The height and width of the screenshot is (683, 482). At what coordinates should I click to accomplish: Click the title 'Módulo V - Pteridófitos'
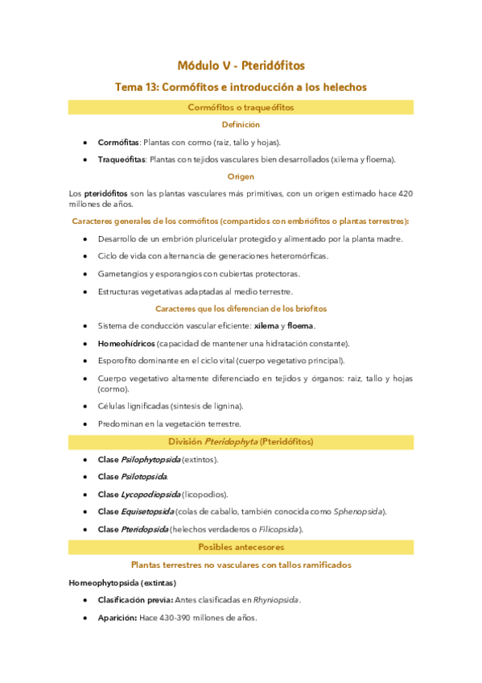241,65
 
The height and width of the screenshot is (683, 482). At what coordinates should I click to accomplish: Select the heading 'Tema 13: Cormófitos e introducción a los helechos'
241,87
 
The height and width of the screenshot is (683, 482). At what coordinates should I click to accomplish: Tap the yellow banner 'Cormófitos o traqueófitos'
241,107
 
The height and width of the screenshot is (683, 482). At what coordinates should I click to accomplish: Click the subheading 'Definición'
241,125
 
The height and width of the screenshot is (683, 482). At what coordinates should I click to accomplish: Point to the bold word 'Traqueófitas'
121,159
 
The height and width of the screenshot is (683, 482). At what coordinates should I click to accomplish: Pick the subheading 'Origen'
241,176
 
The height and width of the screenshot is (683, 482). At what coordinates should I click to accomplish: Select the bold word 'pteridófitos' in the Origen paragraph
106,193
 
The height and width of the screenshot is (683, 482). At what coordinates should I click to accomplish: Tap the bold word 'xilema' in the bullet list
266,325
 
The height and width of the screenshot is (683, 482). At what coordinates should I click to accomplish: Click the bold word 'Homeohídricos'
126,343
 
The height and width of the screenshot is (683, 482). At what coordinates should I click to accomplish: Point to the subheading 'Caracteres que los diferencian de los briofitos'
241,308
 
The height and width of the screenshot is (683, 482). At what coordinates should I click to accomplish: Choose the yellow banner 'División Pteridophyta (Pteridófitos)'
241,441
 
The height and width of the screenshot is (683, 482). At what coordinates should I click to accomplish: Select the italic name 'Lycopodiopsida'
150,494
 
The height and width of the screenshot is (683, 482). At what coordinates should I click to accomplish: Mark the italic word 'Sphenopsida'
358,511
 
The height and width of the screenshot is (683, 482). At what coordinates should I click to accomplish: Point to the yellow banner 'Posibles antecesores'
241,547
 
